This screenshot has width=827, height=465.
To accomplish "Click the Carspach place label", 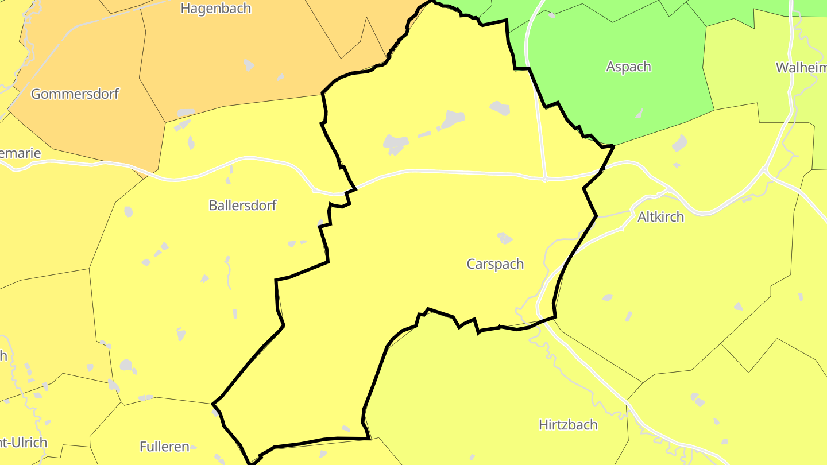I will [495, 264].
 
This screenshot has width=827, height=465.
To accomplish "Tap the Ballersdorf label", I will [242, 206].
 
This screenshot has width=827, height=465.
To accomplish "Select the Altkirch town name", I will [660, 217].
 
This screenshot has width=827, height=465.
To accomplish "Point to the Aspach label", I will [628, 67].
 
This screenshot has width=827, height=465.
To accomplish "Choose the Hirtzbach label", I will [568, 425].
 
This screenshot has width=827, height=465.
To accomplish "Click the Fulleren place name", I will [164, 447].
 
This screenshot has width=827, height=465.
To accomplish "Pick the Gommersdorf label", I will [75, 94].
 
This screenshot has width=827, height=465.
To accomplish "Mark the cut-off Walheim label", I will [802, 68].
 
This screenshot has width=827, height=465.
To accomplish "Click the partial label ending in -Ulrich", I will [23, 443].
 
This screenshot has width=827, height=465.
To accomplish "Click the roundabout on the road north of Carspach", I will [544, 179].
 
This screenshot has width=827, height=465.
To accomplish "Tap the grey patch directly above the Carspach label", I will [505, 238].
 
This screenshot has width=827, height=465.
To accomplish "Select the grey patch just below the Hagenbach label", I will [249, 64].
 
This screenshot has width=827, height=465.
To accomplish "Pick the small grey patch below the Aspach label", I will [639, 114].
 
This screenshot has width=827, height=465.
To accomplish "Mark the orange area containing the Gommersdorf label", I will [86, 126].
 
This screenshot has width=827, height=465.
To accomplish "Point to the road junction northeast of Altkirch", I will [765, 170].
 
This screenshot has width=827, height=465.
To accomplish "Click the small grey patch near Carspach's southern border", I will [346, 428].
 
